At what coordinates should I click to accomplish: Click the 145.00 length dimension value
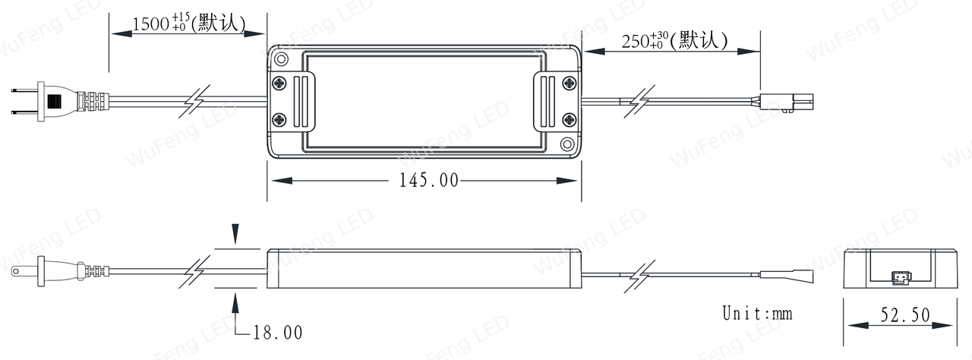click(x=429, y=181)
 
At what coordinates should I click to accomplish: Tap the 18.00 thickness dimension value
click(x=278, y=333)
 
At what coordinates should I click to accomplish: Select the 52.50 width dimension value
click(x=905, y=315)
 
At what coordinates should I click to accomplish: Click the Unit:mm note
click(x=757, y=313)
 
